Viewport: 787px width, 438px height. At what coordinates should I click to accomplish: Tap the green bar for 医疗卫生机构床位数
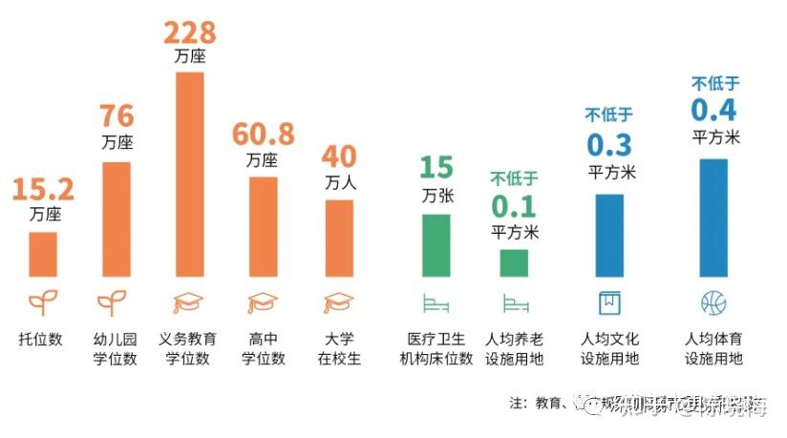[x=436, y=245]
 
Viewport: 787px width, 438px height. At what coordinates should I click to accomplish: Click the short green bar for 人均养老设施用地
[x=514, y=262]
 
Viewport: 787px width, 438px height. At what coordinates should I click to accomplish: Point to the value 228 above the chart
[x=189, y=31]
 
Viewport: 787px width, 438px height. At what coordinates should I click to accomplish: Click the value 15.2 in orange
[x=42, y=188]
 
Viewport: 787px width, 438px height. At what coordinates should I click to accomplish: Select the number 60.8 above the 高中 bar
[x=264, y=134]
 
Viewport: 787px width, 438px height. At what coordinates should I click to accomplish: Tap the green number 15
[x=436, y=168]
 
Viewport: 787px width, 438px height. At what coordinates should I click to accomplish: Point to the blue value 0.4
[x=714, y=110]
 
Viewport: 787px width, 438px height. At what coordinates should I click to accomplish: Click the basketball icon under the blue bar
[x=713, y=303]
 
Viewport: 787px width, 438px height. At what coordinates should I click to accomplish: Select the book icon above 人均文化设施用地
[x=609, y=303]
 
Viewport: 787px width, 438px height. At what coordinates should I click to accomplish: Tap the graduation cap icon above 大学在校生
[x=338, y=303]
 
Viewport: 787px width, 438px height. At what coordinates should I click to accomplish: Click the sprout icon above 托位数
[x=42, y=303]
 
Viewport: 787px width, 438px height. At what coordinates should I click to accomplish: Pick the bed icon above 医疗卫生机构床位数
[x=436, y=303]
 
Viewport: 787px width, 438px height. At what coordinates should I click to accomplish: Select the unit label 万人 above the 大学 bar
[x=338, y=182]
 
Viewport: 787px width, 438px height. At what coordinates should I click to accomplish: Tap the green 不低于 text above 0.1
[x=514, y=178]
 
